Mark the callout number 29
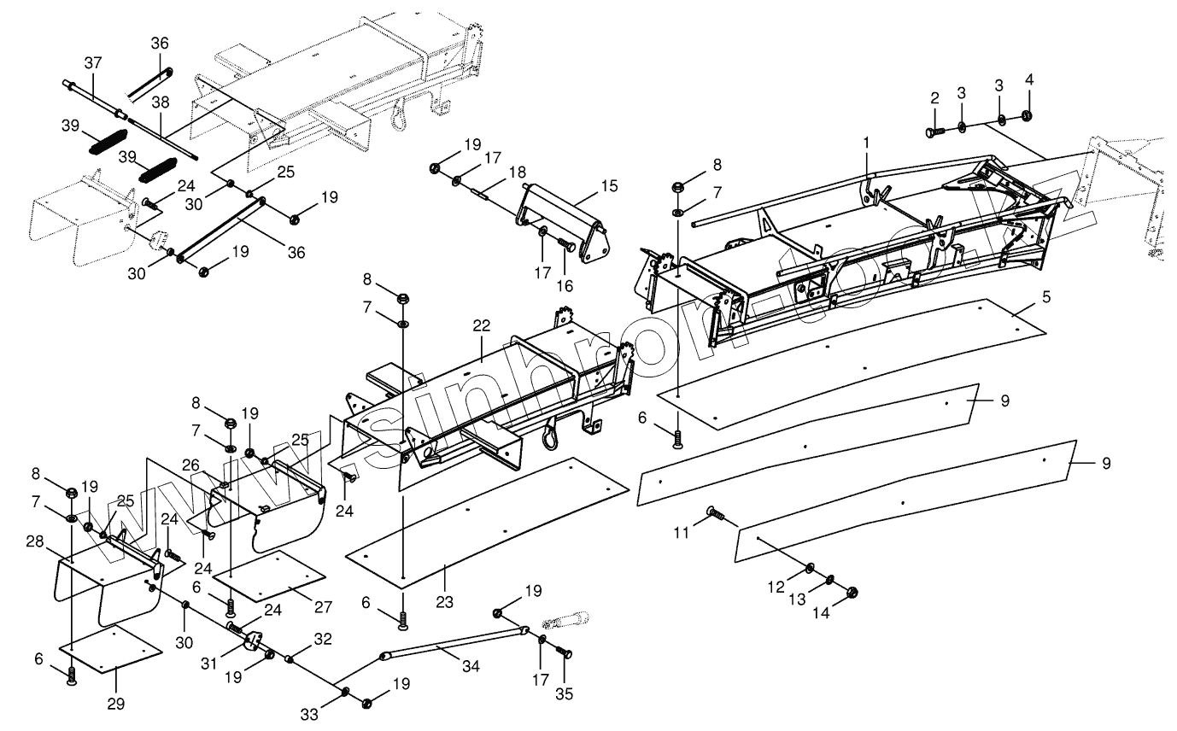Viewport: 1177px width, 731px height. (115, 704)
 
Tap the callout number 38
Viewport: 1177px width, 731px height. (161, 102)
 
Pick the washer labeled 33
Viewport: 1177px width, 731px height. (345, 690)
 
